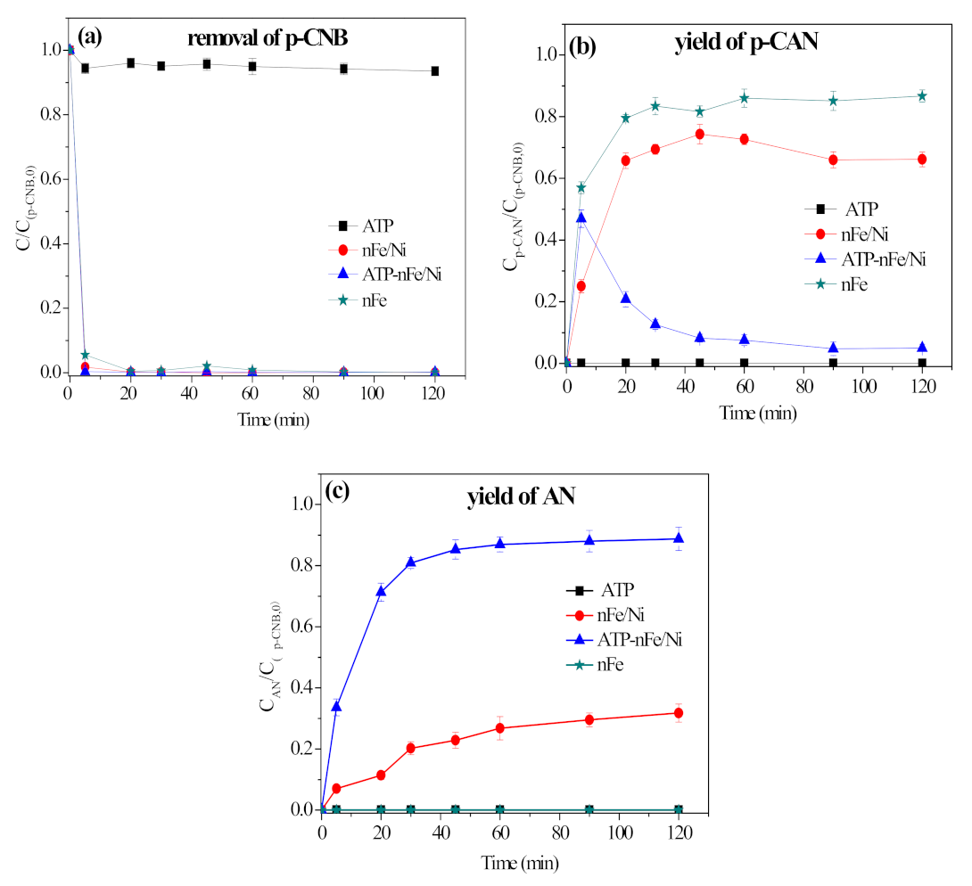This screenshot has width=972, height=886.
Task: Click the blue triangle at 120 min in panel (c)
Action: [679, 538]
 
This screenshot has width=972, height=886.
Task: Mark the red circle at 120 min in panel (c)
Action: [679, 712]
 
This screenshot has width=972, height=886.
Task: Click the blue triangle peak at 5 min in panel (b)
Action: [581, 217]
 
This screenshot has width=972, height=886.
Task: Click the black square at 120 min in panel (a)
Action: [435, 71]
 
